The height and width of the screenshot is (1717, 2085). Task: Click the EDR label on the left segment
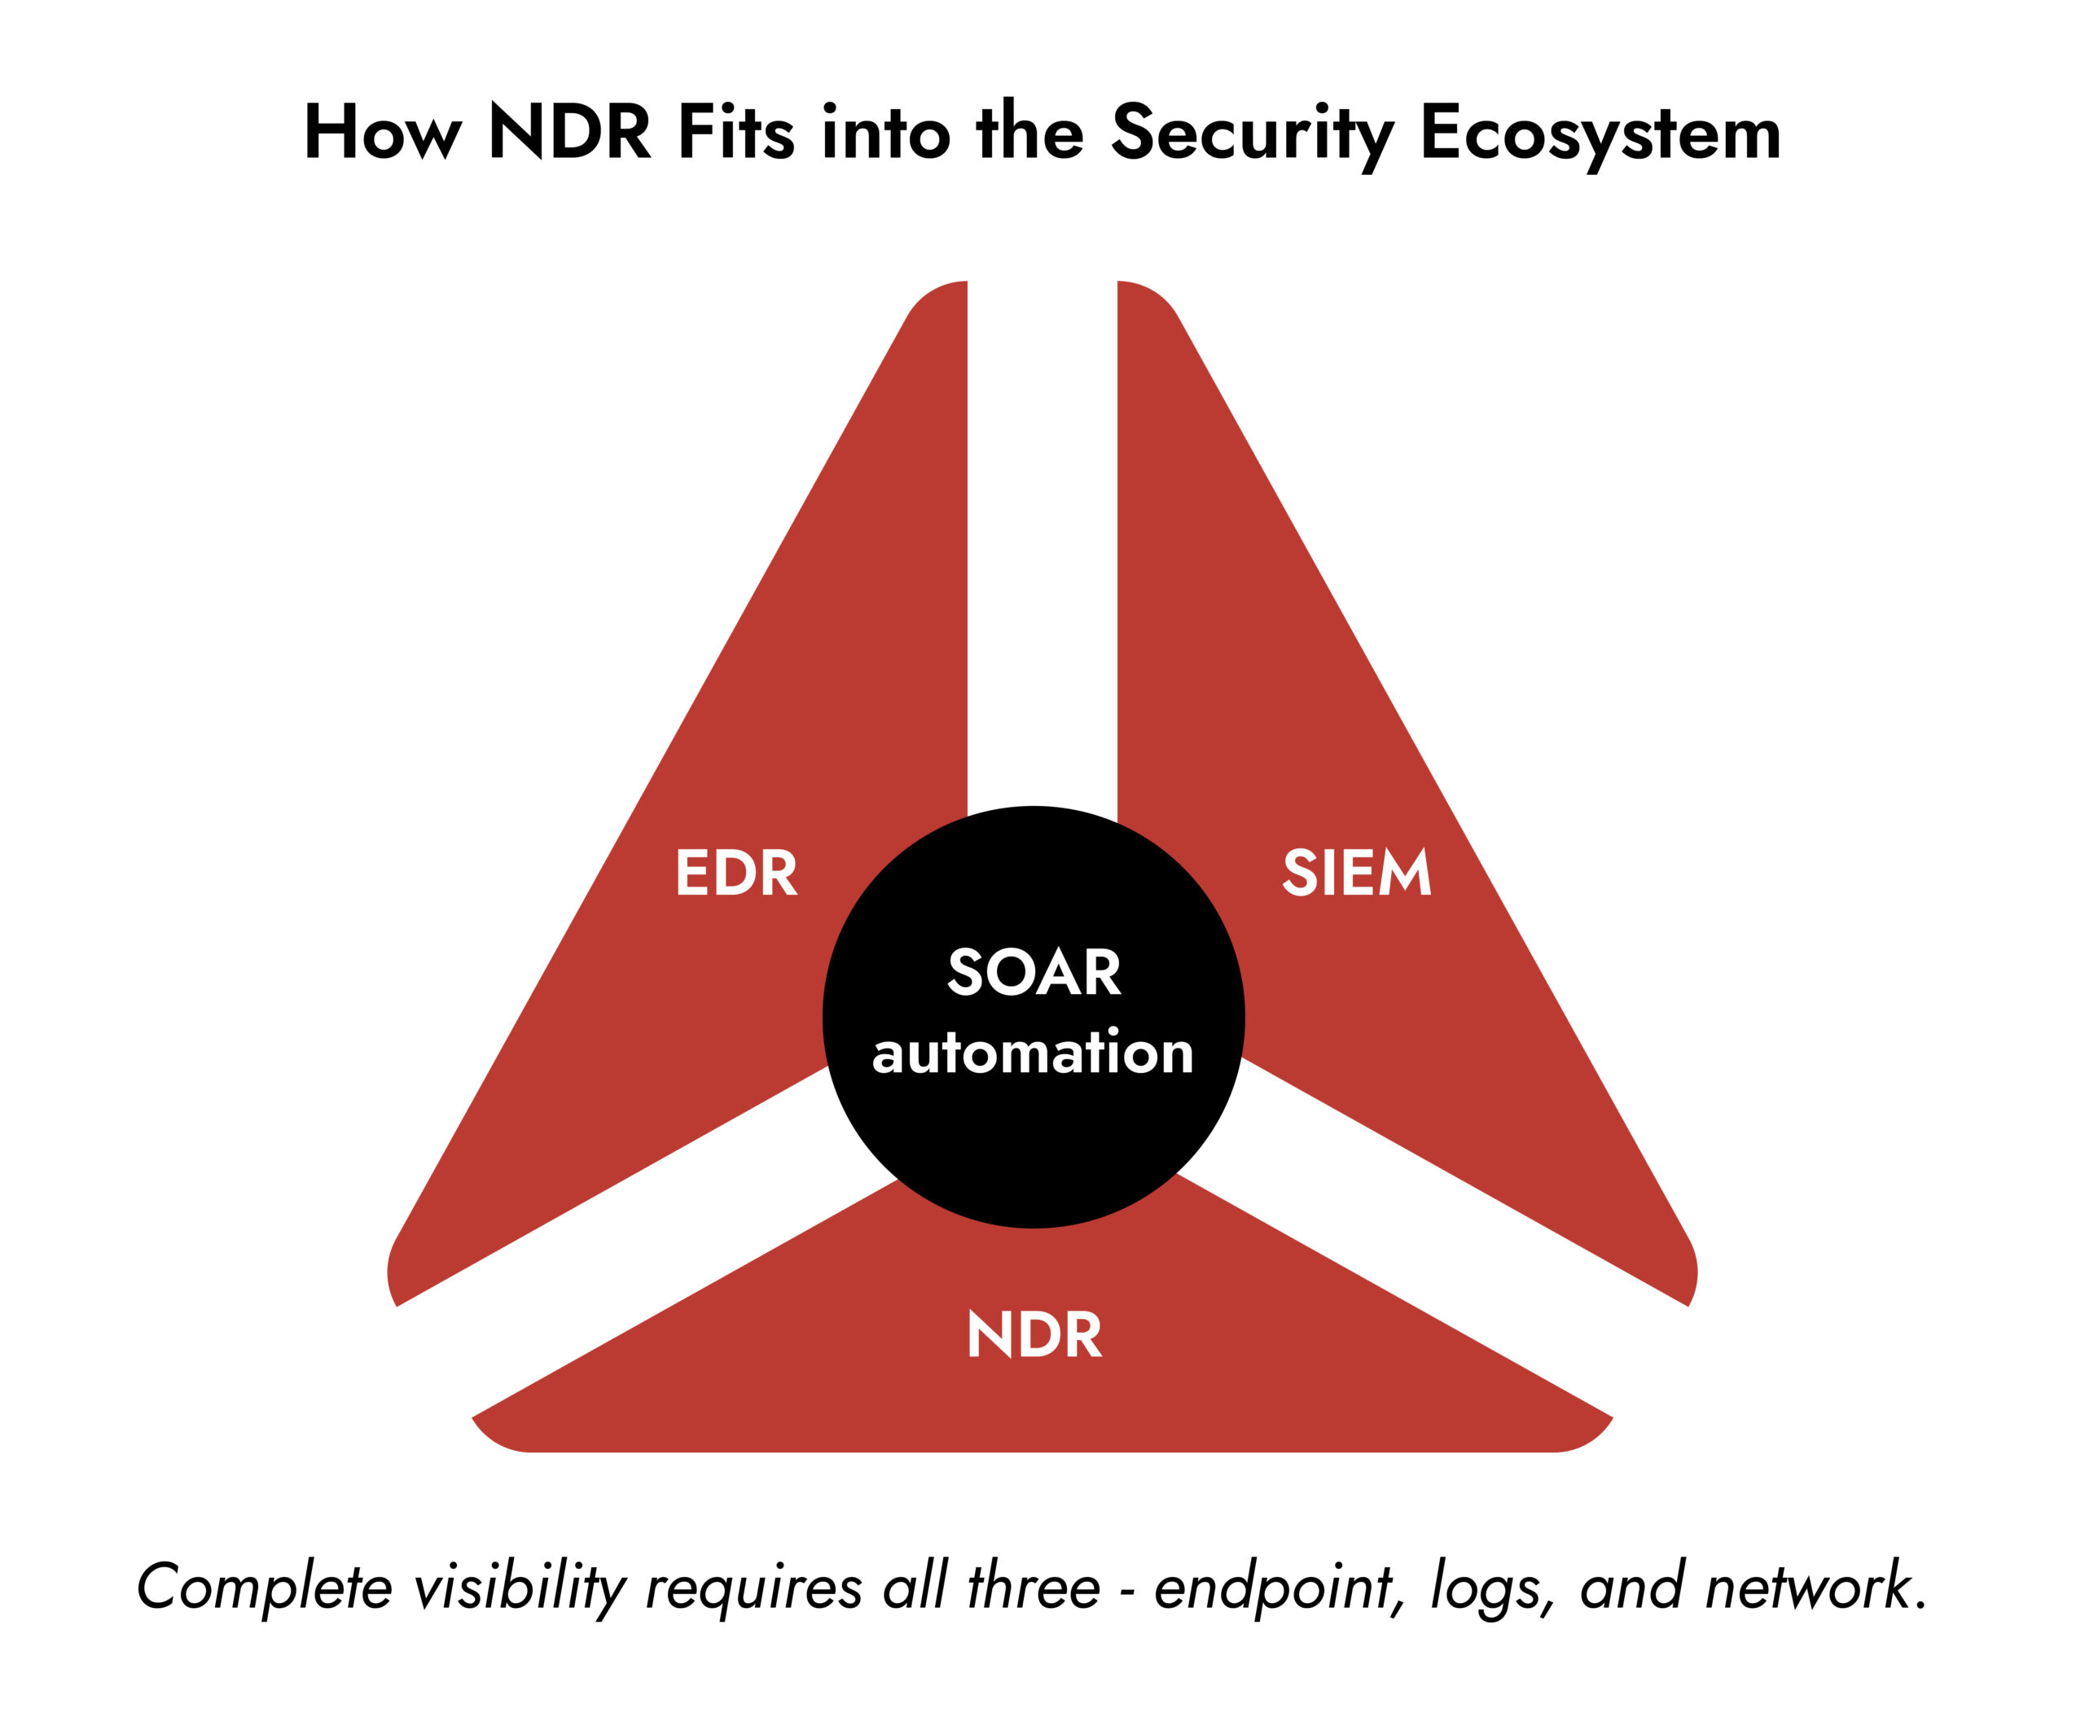[x=735, y=873]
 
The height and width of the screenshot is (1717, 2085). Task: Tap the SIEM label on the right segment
[x=1356, y=873]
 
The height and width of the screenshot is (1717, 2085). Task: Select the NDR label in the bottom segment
[x=1034, y=1334]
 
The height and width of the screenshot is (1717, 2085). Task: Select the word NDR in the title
[x=570, y=133]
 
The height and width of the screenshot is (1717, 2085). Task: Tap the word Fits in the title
[x=735, y=133]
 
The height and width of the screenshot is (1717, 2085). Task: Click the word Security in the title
[x=1252, y=134]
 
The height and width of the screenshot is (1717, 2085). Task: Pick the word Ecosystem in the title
[x=1600, y=134]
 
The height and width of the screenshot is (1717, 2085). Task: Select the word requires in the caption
[x=753, y=1589]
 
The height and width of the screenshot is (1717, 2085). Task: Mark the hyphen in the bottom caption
[x=1127, y=1590]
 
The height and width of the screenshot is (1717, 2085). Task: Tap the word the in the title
[x=1029, y=133]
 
